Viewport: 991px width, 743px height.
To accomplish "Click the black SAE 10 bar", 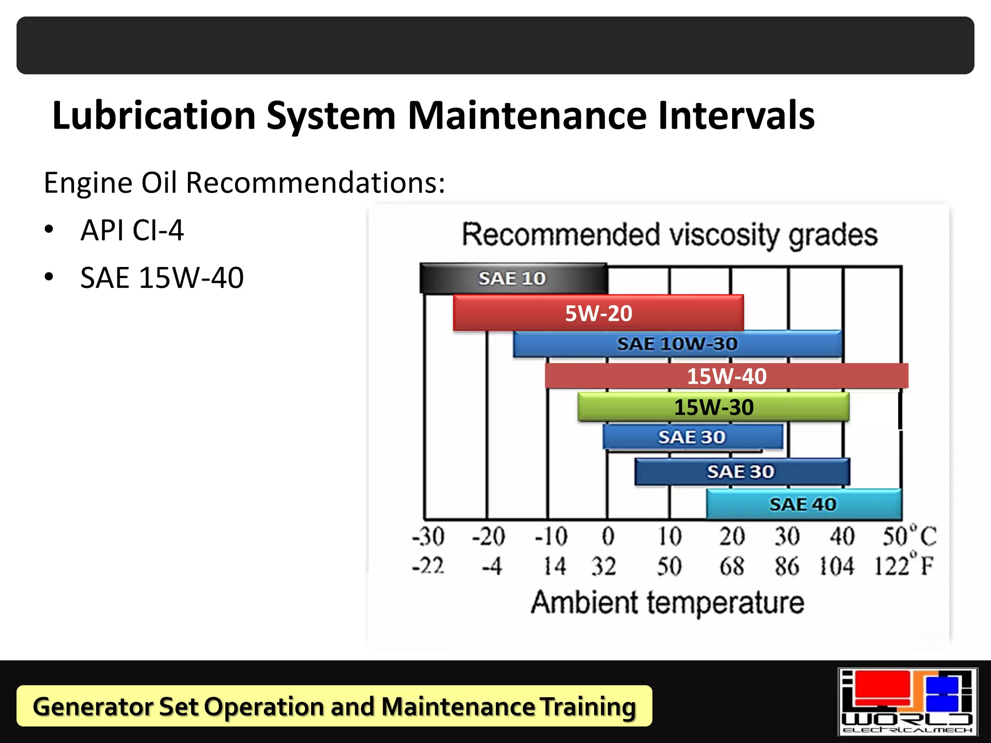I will point(513,279).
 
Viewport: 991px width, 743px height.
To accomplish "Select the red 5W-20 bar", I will point(598,313).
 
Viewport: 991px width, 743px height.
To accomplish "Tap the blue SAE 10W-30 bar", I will point(677,344).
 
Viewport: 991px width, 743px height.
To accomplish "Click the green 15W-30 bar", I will point(713,407).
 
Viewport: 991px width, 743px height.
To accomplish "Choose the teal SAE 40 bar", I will point(803,505).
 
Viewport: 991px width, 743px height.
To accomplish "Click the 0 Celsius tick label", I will point(608,536).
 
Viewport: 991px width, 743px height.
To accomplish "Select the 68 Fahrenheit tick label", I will point(731,566).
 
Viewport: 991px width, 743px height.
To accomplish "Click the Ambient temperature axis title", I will point(667,602).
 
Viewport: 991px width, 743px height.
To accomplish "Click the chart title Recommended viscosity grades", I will point(669,235).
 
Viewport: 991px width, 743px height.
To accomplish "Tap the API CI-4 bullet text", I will point(132,230).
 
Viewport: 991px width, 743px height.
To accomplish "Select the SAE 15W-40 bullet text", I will point(162,278).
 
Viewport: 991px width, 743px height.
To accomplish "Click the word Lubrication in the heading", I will point(154,116).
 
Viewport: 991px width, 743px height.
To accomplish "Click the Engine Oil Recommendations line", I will point(244,183).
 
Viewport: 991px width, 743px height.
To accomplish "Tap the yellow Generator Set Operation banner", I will point(334,706).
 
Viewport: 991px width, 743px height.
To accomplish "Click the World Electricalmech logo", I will point(907,702).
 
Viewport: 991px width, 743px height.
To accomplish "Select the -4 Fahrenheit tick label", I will point(492,566).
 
